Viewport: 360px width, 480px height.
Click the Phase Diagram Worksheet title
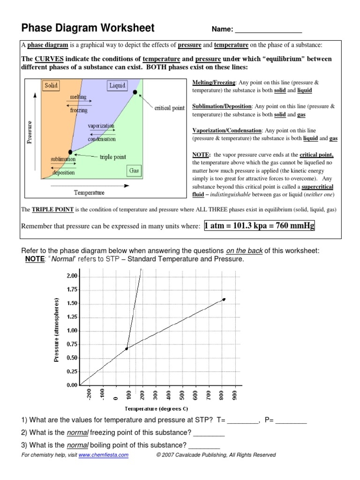(x=88, y=28)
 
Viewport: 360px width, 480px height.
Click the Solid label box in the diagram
(x=51, y=85)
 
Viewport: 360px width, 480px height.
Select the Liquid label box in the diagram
(x=118, y=85)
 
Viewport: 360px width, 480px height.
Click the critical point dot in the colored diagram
(x=135, y=92)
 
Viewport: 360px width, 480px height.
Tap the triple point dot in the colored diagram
(x=70, y=152)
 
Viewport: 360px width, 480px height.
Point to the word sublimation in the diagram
(x=63, y=159)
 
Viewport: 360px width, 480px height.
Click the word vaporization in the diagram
(x=101, y=127)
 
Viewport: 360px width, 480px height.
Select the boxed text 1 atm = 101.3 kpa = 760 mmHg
(x=260, y=226)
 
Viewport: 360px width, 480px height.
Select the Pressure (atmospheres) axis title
(x=57, y=330)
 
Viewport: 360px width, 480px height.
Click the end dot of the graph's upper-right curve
(x=224, y=299)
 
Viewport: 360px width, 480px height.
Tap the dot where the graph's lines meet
(x=127, y=349)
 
